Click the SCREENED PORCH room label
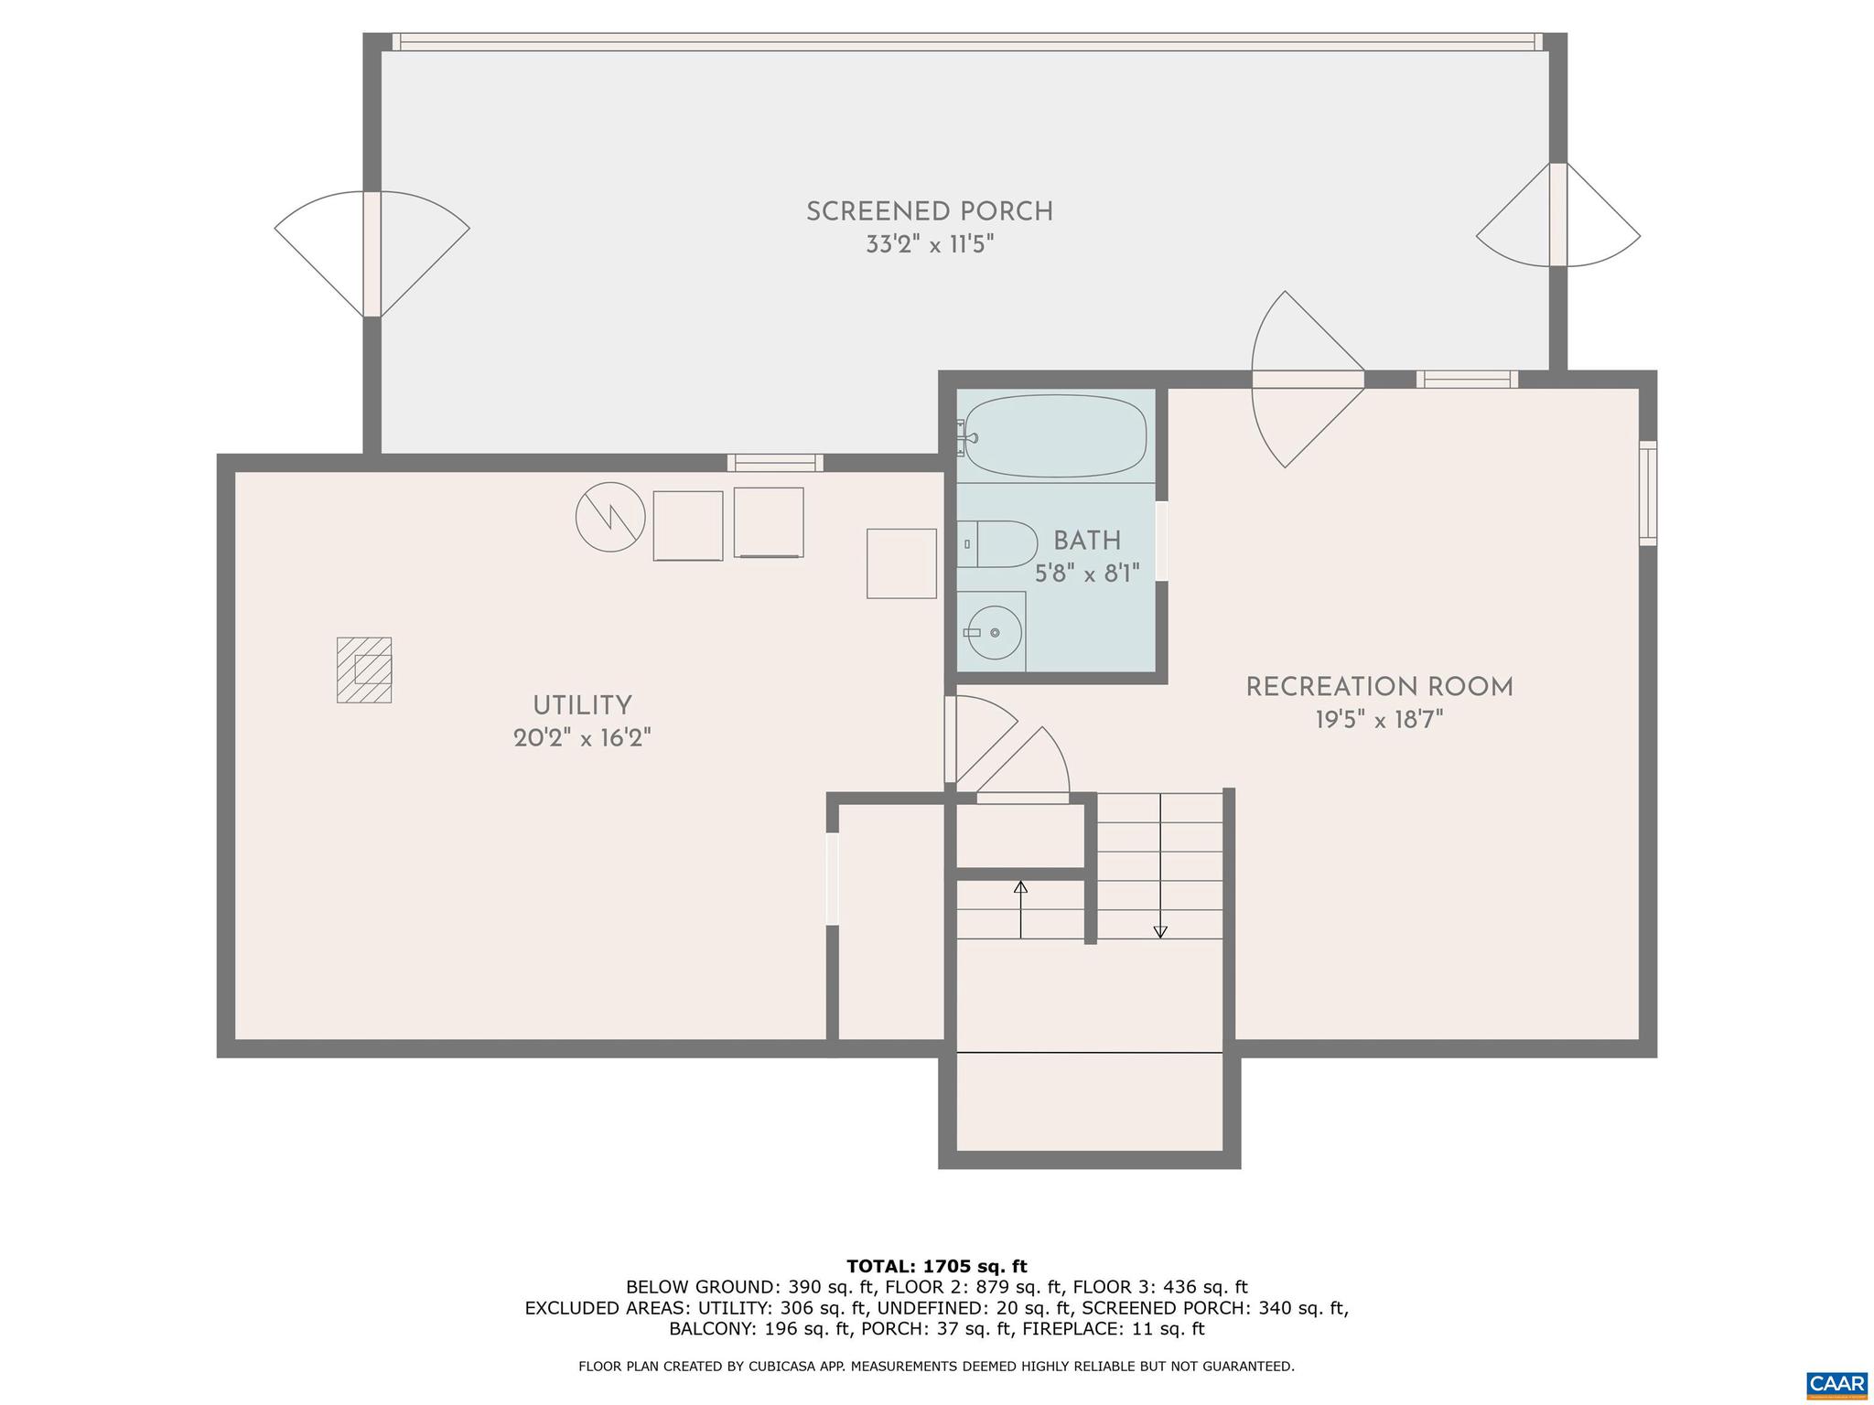[929, 212]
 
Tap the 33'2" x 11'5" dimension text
[929, 245]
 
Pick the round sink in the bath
[994, 632]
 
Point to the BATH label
[1087, 541]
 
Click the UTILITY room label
[582, 706]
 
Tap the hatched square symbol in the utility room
[364, 670]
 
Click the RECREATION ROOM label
[1379, 687]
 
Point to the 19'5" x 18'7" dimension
[1379, 721]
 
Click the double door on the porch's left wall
[372, 254]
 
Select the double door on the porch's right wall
[1558, 215]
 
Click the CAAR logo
[1836, 1383]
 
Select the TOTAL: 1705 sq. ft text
[936, 1267]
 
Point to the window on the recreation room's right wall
[1647, 493]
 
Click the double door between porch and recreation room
[1308, 380]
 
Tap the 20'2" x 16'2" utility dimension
[582, 738]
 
